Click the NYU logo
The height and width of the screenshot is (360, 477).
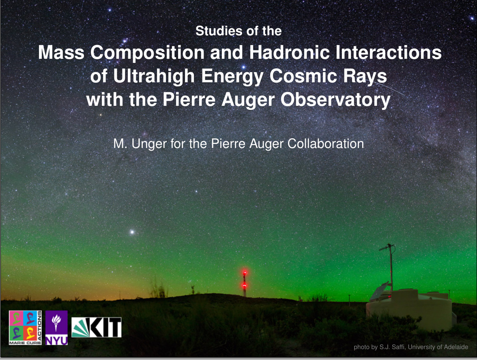[x=57, y=328]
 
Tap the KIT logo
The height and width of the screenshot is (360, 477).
[x=97, y=327]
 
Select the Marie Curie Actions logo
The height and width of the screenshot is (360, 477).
[x=26, y=328]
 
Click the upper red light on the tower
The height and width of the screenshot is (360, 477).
[x=245, y=272]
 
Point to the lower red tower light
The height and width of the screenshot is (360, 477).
[x=244, y=285]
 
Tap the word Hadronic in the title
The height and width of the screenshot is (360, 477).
[x=289, y=52]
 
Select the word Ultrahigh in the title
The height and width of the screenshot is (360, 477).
[x=154, y=76]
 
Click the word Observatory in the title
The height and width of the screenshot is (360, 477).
[x=335, y=100]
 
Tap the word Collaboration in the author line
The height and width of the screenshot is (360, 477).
[x=325, y=144]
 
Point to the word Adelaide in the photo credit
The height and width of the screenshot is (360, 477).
[x=456, y=347]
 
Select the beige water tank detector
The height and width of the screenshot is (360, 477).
[x=410, y=310]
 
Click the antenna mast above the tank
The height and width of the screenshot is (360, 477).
[x=391, y=268]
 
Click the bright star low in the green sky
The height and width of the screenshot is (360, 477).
[x=132, y=232]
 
